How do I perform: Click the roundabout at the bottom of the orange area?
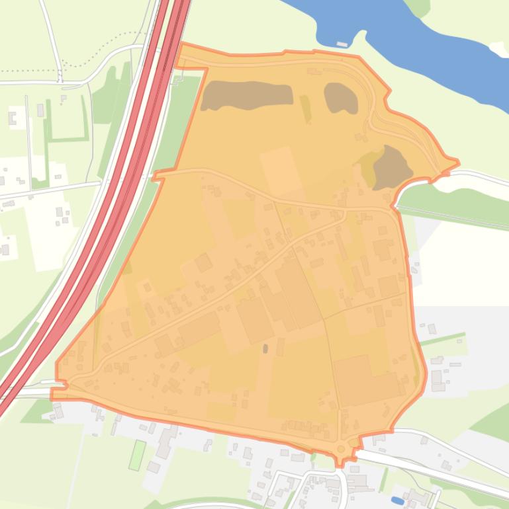[342, 450]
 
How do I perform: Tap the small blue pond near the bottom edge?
[397, 500]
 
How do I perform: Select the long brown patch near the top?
[246, 96]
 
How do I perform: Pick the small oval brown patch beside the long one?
[341, 97]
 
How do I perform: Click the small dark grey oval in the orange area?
[265, 348]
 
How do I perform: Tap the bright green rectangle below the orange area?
[137, 455]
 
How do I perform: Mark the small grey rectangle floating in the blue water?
[342, 44]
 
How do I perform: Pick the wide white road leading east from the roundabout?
[430, 473]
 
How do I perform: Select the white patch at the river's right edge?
[498, 49]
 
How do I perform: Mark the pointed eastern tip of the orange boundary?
[457, 161]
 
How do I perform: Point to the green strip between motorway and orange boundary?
[182, 119]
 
